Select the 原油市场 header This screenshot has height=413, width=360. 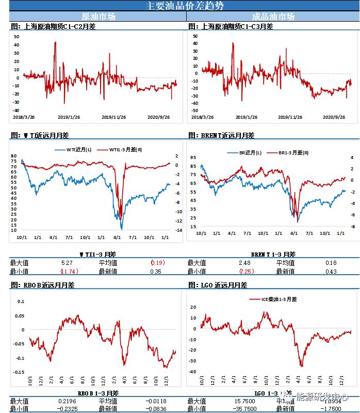coord(99,17)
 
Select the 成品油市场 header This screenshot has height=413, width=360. coord(273,17)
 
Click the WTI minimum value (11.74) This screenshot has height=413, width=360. coord(69,271)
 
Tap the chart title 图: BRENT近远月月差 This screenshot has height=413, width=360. coord(221,135)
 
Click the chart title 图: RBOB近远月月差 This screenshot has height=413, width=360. coord(43,284)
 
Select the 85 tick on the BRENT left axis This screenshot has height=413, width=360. coord(193,166)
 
